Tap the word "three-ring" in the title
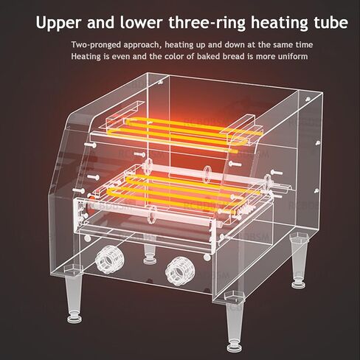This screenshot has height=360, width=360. coord(207,23)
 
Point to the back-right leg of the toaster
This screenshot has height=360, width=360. coord(299,260)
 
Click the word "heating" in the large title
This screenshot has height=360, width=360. coord(279,23)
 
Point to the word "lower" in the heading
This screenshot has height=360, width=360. coord(141,22)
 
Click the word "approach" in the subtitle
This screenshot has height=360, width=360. coord(142,45)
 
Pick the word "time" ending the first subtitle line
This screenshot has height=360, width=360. coord(303,45)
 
